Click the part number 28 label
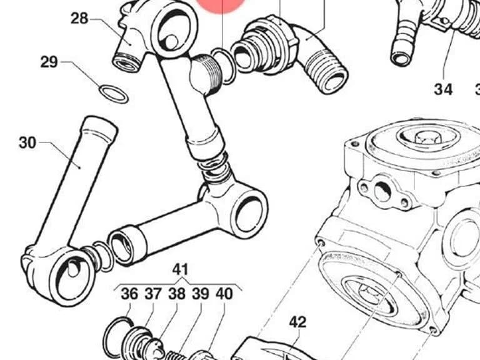tap(79, 18)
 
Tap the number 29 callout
tap(49, 62)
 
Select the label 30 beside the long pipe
tap(27, 142)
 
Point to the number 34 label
tap(443, 89)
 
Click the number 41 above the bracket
tap(180, 270)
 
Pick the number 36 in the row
tap(129, 294)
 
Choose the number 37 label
tap(153, 294)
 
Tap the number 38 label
tap(177, 294)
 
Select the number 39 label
tap(201, 294)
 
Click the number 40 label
tap(224, 294)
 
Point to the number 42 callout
tap(297, 322)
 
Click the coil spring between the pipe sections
tap(213, 167)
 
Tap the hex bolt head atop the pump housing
tap(427, 139)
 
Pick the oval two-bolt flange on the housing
tap(382, 191)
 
